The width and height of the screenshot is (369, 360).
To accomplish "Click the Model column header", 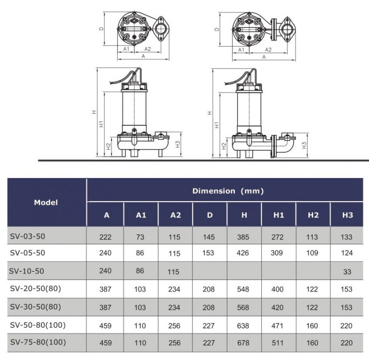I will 46,202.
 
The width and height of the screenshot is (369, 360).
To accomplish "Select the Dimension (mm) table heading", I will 228,191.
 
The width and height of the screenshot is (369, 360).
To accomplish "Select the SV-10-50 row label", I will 26,271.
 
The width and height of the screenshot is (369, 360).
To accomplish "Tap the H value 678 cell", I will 244,343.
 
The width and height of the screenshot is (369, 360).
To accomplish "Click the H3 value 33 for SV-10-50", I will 347,272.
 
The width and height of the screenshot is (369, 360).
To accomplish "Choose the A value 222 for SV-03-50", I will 105,237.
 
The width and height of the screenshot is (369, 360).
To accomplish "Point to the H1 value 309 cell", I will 278,253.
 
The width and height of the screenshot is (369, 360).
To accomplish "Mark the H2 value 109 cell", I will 313,253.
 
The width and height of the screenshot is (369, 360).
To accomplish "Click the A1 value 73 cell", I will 140,237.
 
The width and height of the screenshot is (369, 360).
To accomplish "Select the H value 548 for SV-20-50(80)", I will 244,289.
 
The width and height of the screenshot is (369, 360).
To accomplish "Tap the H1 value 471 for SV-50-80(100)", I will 278,325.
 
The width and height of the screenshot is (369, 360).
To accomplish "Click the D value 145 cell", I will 209,237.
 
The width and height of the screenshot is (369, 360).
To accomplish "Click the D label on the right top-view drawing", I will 217,28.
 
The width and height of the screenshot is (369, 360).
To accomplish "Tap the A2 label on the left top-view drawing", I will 148,49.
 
